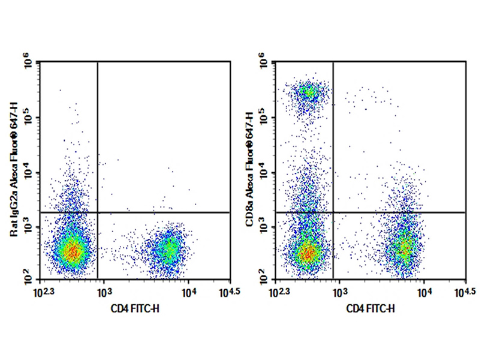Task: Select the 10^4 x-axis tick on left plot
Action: (187, 292)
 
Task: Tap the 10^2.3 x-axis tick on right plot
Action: (280, 292)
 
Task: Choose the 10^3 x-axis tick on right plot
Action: (339, 292)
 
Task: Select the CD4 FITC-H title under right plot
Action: (370, 309)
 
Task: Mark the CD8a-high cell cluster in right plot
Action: (309, 92)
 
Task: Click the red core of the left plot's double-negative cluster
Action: (73, 251)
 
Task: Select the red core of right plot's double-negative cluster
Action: (308, 253)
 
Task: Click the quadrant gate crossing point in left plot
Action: (97, 212)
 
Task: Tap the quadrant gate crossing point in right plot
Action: (333, 212)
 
